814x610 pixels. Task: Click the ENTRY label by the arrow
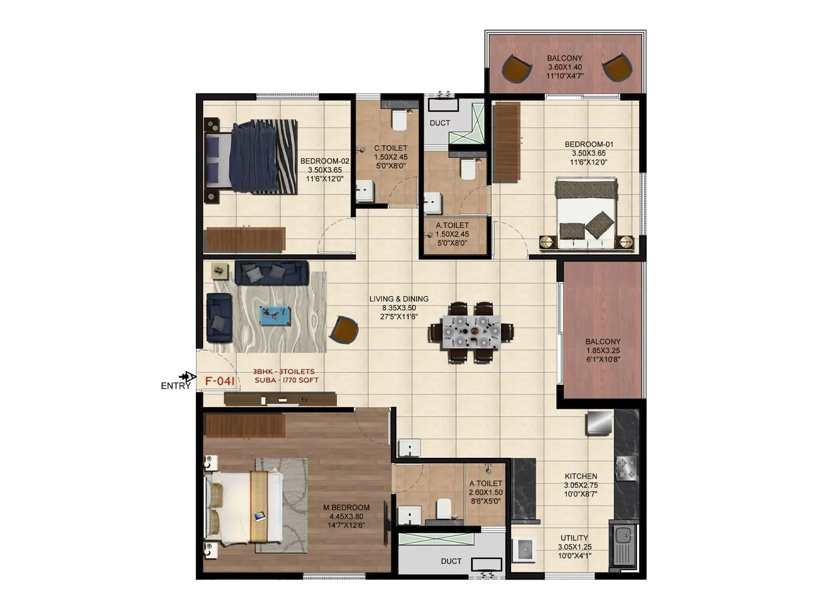(176, 386)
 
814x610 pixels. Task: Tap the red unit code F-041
(220, 381)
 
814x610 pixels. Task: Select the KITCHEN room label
(580, 476)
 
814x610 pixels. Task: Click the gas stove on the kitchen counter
(626, 468)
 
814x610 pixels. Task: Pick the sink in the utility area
(623, 536)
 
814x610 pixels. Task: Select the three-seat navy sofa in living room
(271, 273)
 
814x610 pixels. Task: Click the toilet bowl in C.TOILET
(399, 120)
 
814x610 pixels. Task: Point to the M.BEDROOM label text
(346, 507)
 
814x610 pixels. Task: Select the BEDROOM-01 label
(589, 144)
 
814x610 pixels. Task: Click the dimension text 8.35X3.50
(399, 308)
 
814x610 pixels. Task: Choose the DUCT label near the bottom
(451, 561)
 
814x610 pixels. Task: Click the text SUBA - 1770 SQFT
(286, 380)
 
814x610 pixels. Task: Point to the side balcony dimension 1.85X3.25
(602, 351)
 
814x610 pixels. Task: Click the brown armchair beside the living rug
(344, 329)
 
